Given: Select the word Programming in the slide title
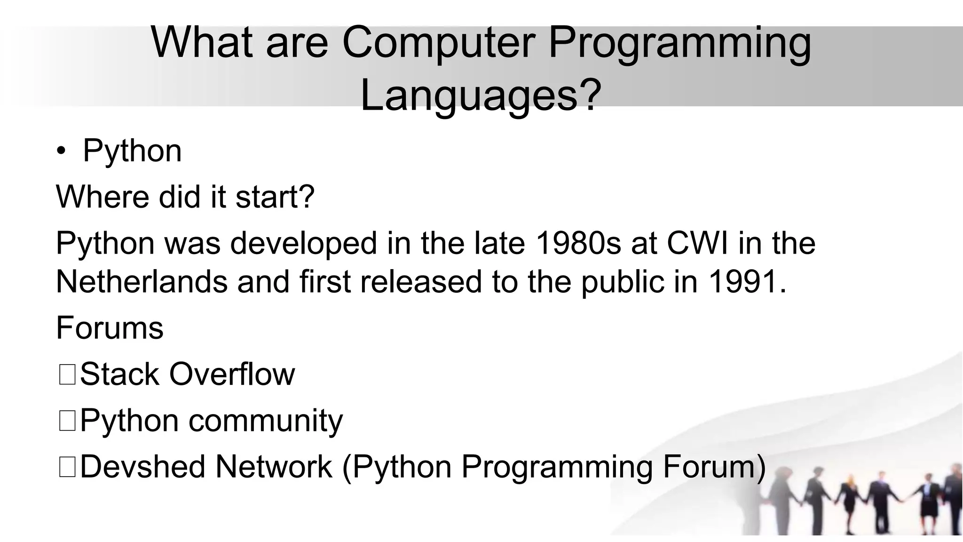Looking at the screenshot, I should pos(679,43).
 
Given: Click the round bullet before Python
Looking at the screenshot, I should pos(61,152).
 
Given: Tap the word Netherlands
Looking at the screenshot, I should pos(142,281).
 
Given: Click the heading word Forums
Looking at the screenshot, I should pos(110,327).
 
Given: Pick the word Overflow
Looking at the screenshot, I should pos(232,374).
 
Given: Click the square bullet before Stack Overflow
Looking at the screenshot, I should pos(67,375).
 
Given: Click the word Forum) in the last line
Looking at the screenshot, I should pos(714,467).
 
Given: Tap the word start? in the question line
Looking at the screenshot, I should pos(275,197).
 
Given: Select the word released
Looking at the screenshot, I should pos(421,281).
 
